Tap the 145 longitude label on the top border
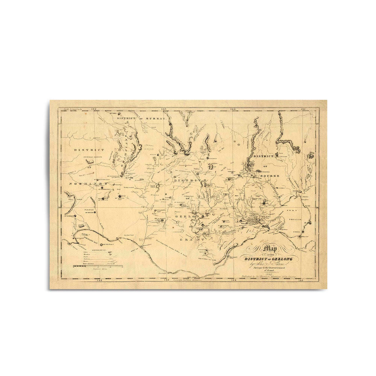click(302, 109)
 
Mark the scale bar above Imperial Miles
click(98, 267)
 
